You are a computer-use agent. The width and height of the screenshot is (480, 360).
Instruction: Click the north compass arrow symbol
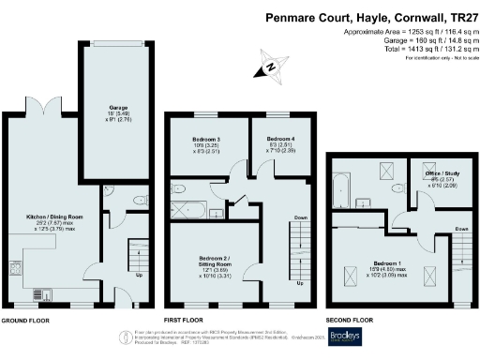270,67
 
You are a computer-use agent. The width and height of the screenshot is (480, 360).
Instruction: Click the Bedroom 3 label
198,144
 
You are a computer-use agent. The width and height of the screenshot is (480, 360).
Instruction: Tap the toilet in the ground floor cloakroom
139,200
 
